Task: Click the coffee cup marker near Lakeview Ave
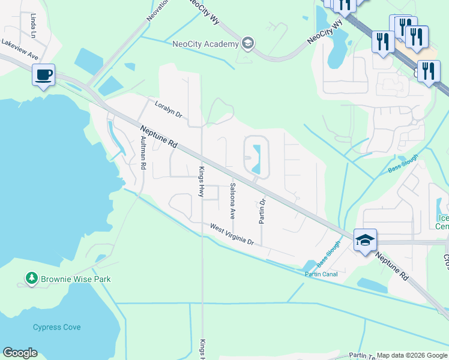click(x=43, y=76)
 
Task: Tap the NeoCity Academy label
click(x=205, y=43)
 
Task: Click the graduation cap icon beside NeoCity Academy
click(x=248, y=43)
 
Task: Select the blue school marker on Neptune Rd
click(x=365, y=240)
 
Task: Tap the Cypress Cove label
click(x=56, y=328)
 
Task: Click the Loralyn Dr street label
click(x=168, y=108)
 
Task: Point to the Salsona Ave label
click(x=232, y=200)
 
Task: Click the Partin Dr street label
click(x=262, y=208)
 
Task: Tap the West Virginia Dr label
click(x=232, y=234)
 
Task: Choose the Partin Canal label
click(x=321, y=274)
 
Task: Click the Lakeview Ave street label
click(x=20, y=48)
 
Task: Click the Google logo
click(x=20, y=353)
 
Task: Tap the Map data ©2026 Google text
click(x=412, y=355)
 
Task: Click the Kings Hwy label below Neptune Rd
click(x=202, y=181)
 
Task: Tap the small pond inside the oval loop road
click(x=258, y=160)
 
